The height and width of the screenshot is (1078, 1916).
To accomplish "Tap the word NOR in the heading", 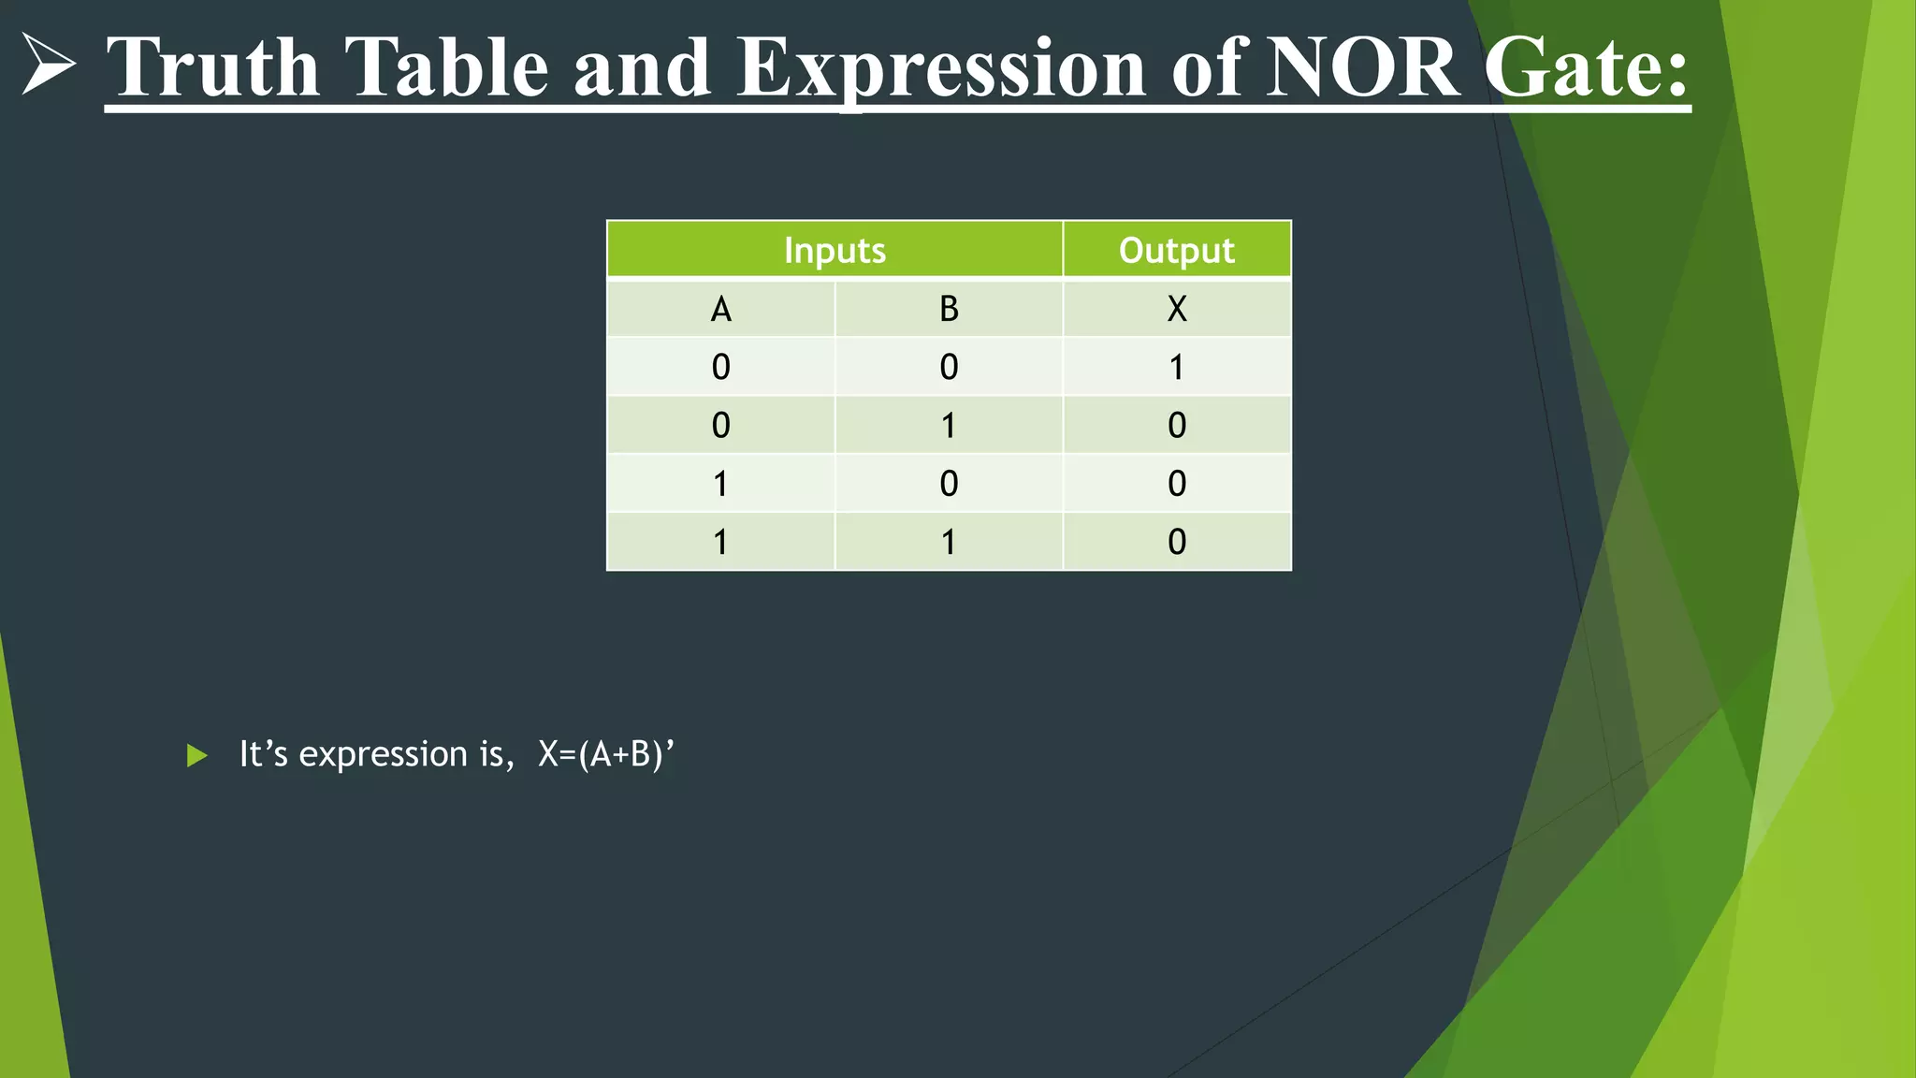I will [1362, 67].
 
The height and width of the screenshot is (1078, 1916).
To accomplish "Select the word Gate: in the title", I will [1587, 67].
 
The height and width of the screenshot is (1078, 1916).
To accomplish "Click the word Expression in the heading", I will [941, 67].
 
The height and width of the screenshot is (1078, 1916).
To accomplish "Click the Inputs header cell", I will [835, 250].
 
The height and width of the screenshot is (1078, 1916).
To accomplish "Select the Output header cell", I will [1177, 250].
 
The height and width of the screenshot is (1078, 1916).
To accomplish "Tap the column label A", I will [720, 309].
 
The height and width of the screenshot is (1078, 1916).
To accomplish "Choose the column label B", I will [949, 309].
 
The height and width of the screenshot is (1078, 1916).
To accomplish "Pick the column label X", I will [1177, 309].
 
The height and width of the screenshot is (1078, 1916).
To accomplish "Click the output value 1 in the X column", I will [1177, 367].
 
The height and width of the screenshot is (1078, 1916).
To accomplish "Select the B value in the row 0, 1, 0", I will [949, 426].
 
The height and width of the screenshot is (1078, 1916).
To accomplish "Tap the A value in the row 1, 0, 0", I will [720, 484].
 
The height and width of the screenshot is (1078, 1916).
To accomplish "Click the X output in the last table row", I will [1177, 542].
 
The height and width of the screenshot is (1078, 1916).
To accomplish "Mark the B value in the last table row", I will [949, 542].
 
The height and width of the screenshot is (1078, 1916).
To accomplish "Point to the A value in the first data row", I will [720, 367].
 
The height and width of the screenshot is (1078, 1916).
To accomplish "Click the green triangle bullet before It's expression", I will [196, 755].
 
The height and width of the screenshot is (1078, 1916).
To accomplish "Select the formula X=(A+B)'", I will [606, 754].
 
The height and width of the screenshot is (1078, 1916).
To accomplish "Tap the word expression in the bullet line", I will [383, 754].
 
